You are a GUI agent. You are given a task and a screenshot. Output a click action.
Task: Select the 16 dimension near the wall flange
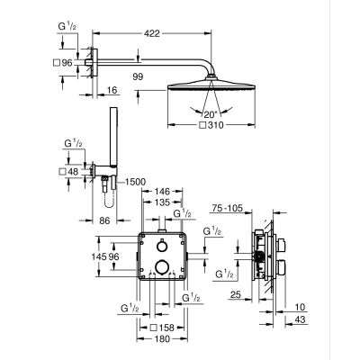click(x=112, y=91)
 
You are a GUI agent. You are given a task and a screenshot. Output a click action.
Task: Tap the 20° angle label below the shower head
click(x=209, y=115)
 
